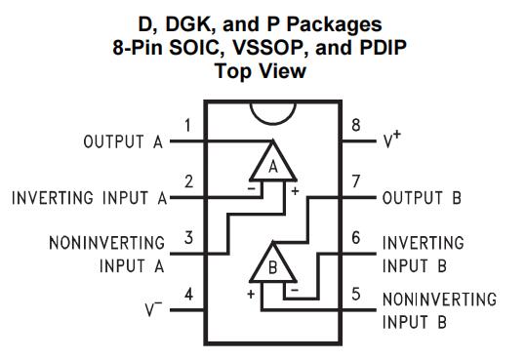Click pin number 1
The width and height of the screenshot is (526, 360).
pos(187,126)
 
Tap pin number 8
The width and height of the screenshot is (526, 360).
pos(356,125)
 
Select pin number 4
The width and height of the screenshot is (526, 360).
pos(189,295)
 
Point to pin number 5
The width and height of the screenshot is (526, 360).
pos(356,294)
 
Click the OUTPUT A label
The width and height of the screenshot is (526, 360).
pos(123,141)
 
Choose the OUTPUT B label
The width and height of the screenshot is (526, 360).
pos(422,198)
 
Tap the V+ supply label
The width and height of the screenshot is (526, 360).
pos(392,139)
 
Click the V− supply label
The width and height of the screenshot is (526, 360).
pos(153,309)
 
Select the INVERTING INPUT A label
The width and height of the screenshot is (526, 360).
pos(89,198)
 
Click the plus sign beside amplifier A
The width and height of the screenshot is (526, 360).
pos(295,191)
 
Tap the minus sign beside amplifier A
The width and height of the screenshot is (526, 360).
pos(251,188)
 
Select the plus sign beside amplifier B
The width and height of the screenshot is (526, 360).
pos(251,295)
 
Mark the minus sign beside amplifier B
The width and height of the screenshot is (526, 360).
pos(295,290)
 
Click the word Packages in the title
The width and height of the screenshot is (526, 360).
pos(335,25)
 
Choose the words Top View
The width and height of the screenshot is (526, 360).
pos(261,71)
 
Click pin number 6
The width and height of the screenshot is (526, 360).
pos(356,238)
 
